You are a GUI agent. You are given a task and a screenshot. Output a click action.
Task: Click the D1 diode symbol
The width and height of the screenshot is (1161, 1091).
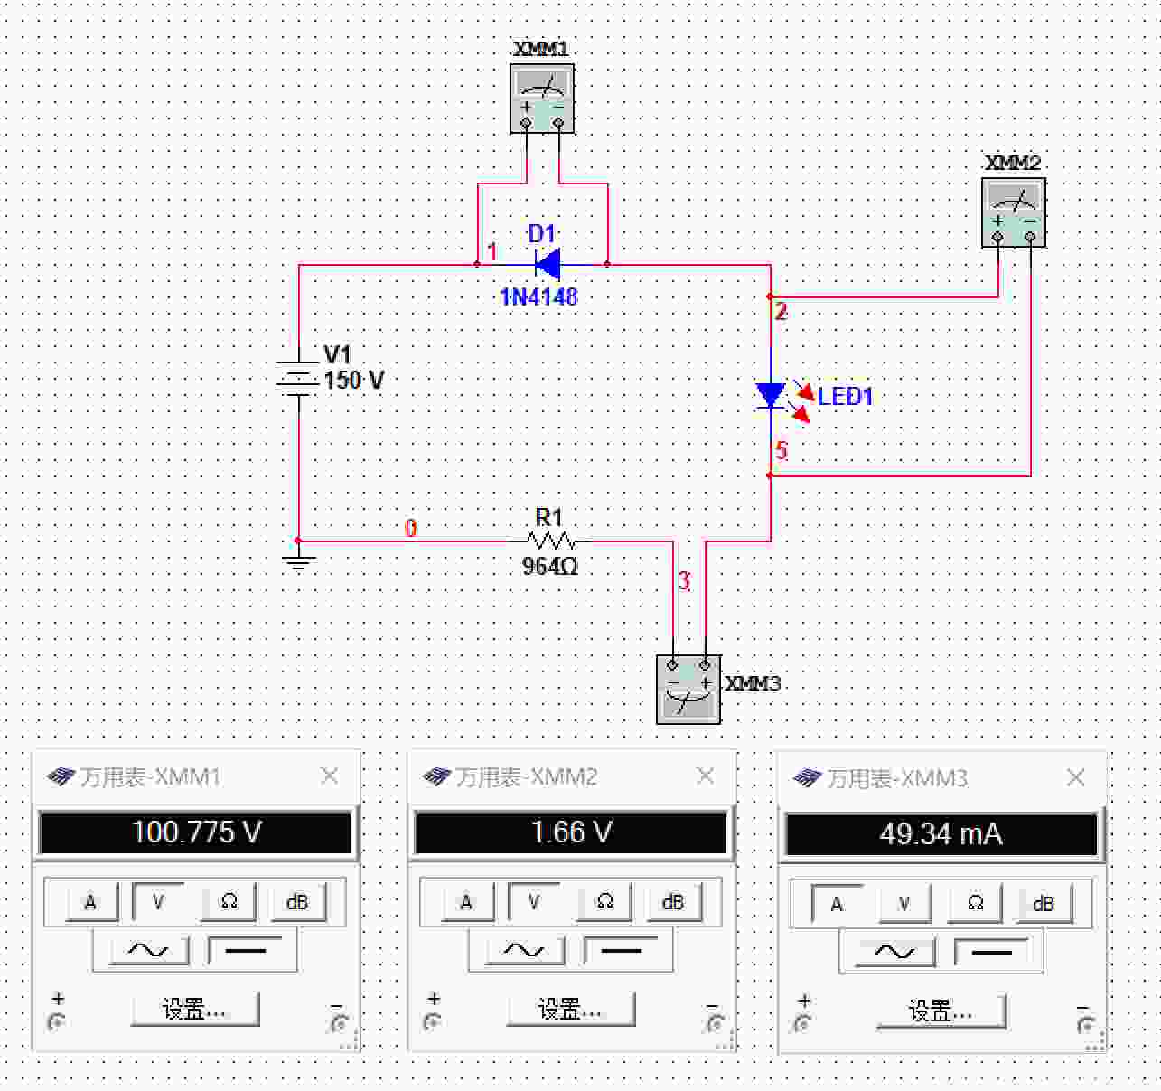548,265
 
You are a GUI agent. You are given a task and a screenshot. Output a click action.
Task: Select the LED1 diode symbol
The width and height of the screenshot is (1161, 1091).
771,395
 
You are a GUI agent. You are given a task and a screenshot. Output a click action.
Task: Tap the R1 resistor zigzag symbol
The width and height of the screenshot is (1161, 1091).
550,541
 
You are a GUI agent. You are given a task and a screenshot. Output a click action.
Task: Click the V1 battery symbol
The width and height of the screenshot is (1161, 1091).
299,379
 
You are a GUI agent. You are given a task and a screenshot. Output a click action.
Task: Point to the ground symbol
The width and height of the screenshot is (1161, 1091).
299,562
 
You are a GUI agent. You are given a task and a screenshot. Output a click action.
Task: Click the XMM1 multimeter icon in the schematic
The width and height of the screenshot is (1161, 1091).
542,99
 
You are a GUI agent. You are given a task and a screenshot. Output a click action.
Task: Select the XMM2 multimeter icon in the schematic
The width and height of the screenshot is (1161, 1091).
1014,212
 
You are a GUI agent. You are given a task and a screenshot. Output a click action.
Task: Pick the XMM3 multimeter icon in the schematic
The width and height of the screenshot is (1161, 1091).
688,689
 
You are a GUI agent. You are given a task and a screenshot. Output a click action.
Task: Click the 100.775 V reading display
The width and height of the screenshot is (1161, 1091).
195,832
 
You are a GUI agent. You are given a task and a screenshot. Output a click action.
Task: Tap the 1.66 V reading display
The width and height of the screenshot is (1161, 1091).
571,832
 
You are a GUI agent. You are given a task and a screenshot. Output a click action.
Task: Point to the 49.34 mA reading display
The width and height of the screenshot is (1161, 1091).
941,834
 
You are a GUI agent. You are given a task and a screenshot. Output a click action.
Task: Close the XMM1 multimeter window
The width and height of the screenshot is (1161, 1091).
329,776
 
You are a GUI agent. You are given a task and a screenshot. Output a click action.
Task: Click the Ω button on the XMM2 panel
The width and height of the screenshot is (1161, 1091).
604,901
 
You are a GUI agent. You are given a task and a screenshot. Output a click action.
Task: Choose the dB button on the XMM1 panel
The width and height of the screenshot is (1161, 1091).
297,901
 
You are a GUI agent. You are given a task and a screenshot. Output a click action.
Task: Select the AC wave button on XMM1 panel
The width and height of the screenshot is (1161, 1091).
148,949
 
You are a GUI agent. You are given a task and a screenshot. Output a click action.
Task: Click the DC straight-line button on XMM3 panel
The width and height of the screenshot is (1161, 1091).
991,953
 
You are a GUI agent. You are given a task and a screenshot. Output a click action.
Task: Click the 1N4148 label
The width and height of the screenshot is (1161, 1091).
538,297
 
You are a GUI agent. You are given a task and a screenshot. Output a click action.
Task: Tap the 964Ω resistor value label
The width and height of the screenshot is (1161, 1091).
550,566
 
